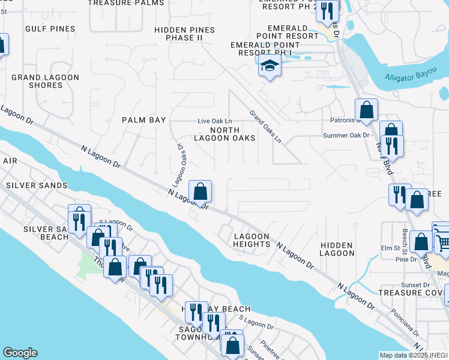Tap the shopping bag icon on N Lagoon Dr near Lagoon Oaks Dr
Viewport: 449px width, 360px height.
(x=200, y=192)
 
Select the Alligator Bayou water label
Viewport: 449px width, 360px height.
(x=412, y=76)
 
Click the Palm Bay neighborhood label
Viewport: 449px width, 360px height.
(x=143, y=120)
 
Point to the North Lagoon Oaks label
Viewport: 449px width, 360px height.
(x=224, y=134)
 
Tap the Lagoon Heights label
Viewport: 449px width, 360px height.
(x=252, y=240)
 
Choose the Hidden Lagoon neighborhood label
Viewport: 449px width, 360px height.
(x=337, y=249)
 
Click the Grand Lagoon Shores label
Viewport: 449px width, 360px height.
(x=45, y=81)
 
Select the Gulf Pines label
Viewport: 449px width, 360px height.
(x=50, y=29)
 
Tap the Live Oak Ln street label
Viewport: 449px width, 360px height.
(x=215, y=121)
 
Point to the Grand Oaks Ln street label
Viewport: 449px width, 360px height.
(x=265, y=126)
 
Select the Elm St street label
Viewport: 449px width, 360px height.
(x=390, y=248)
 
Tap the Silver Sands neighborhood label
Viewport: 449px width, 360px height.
(x=37, y=185)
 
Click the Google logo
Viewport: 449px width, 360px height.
(x=20, y=353)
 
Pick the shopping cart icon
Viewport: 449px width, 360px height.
(x=443, y=242)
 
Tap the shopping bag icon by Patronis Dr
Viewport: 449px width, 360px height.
(x=366, y=110)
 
